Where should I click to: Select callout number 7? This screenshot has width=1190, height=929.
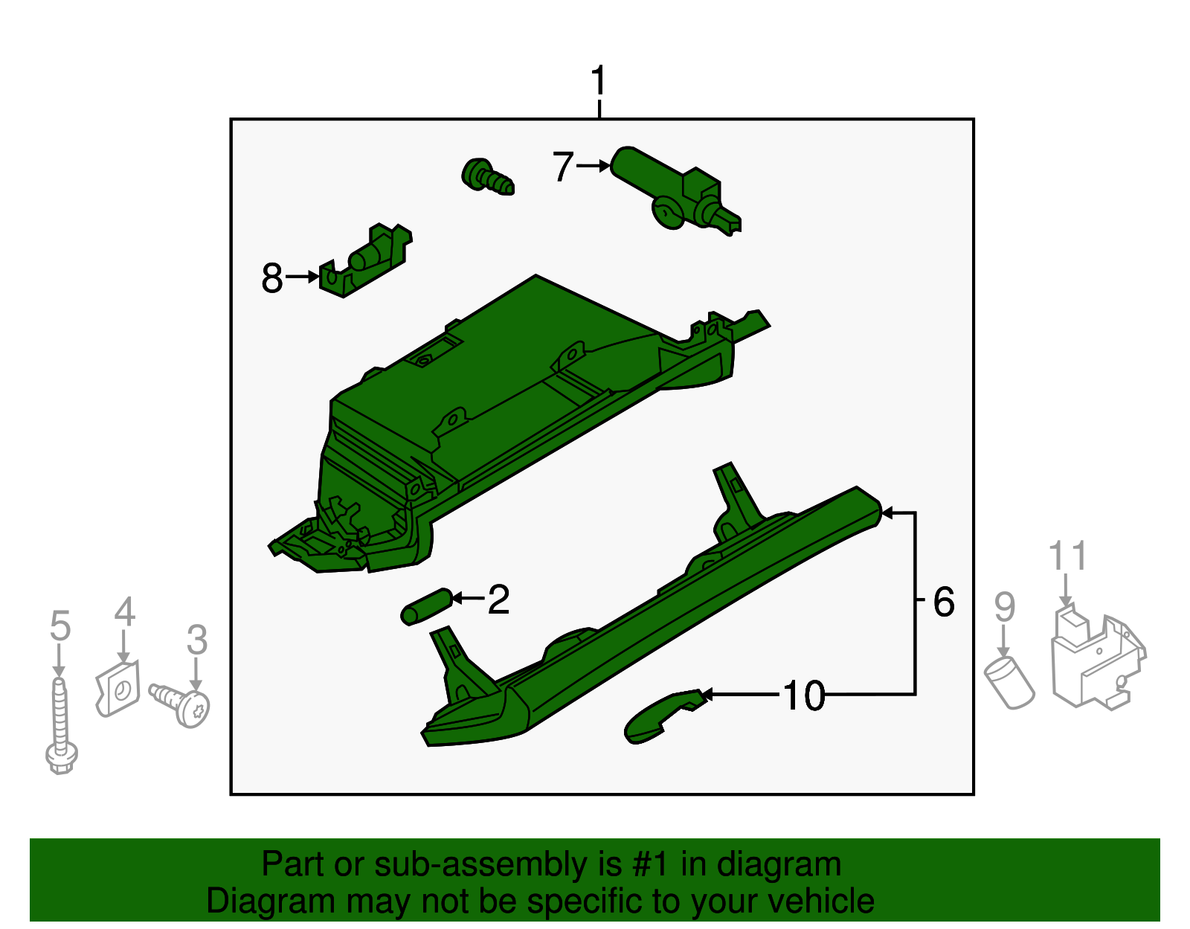point(563,167)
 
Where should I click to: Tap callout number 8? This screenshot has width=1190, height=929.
point(272,277)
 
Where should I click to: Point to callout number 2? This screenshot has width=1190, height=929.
point(498,599)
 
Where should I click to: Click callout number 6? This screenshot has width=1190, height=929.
point(944,602)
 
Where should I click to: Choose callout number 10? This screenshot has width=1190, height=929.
point(804,695)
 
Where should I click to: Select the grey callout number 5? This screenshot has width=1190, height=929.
point(60,626)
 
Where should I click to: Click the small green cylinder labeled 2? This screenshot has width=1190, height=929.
point(427,606)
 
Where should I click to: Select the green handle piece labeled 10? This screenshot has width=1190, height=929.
point(663,716)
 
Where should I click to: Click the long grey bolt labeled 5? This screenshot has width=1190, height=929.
point(61,724)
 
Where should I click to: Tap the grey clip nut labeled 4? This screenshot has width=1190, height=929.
point(118,688)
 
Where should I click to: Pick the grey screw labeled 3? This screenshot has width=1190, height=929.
point(181,705)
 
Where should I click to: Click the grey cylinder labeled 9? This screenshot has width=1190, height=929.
point(1009,682)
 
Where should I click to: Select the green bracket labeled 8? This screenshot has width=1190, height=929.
point(365,260)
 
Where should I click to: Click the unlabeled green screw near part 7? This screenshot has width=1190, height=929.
point(487,176)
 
